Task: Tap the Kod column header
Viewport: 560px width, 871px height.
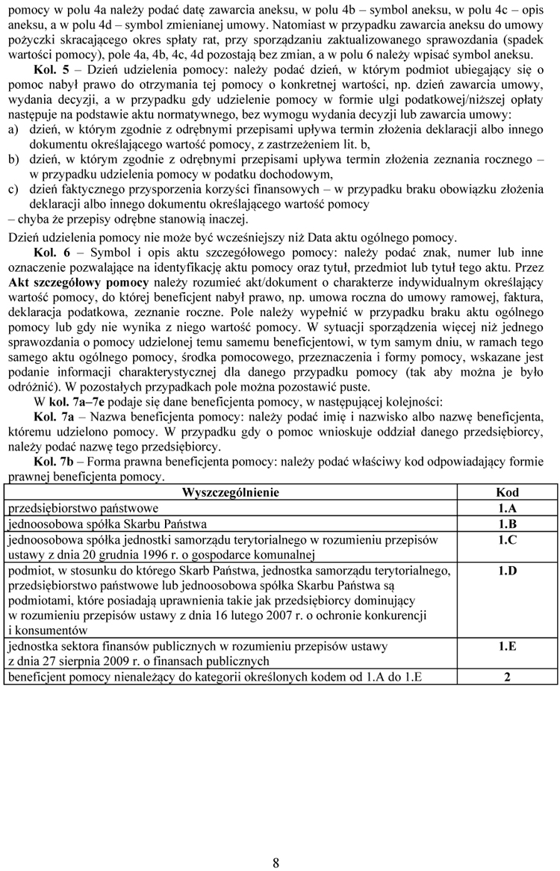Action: point(507,493)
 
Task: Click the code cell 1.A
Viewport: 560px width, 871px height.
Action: point(507,508)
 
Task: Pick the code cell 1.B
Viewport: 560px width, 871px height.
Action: point(507,524)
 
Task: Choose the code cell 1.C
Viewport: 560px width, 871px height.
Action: point(507,539)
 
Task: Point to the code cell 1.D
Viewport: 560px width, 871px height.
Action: point(507,571)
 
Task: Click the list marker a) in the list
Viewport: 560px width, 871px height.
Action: point(13,129)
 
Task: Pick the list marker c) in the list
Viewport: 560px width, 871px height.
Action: point(13,189)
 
